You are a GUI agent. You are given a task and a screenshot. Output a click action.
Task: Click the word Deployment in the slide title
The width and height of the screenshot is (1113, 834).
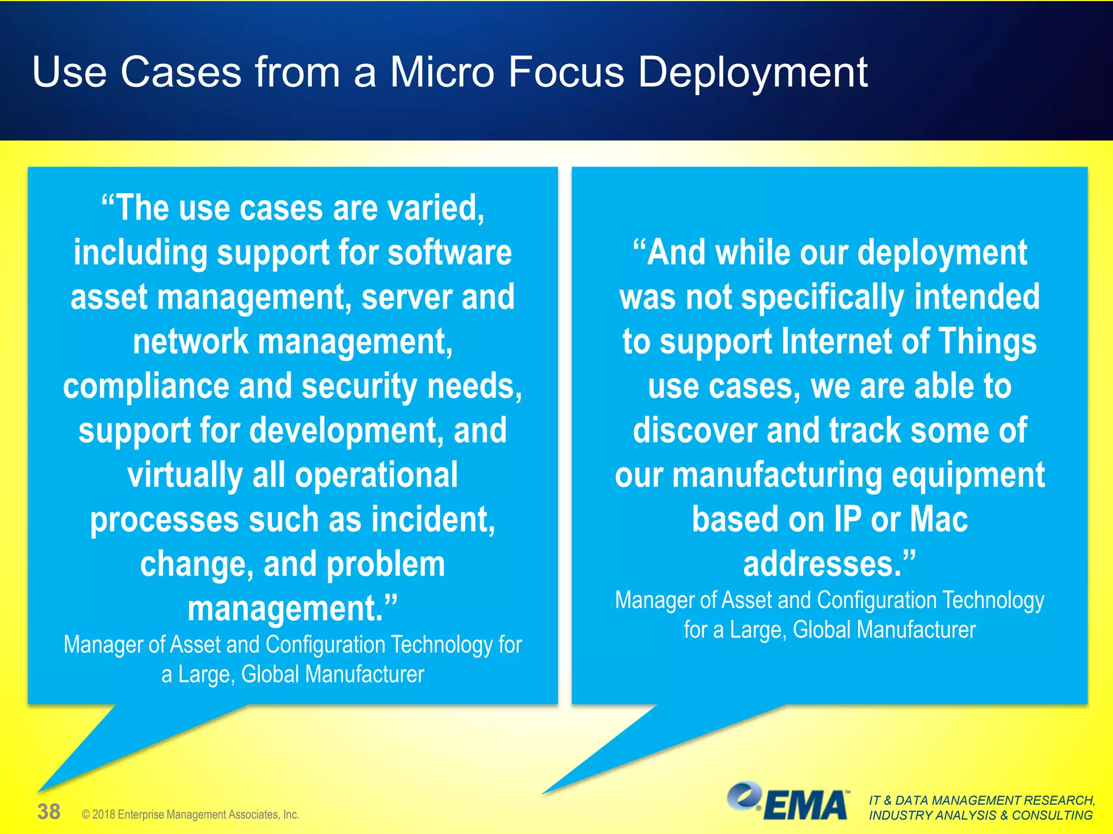pyautogui.click(x=752, y=73)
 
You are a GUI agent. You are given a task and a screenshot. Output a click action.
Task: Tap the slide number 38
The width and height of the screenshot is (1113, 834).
pyautogui.click(x=48, y=812)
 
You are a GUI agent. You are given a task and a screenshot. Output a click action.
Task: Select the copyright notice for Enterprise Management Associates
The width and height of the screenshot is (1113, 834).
pyautogui.click(x=190, y=814)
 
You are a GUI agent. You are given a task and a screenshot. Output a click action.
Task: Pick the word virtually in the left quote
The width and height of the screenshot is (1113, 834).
pyautogui.click(x=185, y=475)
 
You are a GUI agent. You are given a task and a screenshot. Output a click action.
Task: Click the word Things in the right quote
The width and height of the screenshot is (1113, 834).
pyautogui.click(x=987, y=342)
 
